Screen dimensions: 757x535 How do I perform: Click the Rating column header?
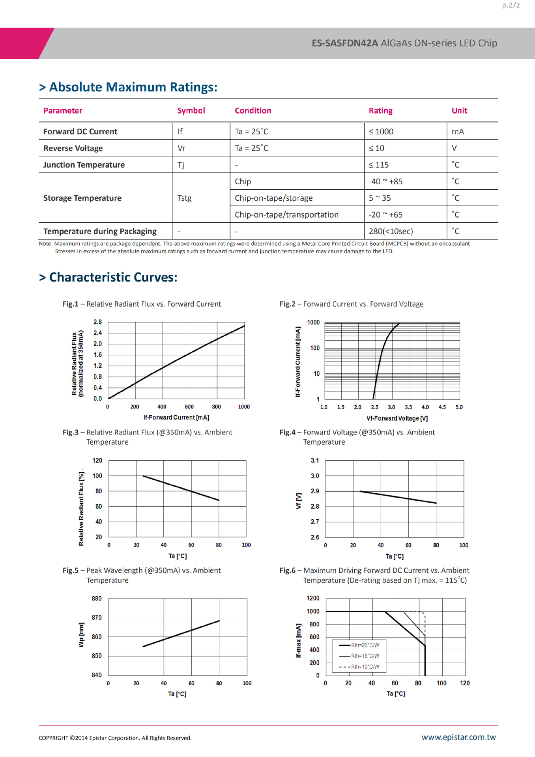coord(380,111)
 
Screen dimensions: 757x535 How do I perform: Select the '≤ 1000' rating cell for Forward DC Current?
coord(381,132)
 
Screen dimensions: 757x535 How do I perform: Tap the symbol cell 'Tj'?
coord(181,165)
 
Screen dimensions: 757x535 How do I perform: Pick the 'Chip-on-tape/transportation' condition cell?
coord(286,215)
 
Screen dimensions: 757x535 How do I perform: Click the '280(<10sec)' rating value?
coord(391,231)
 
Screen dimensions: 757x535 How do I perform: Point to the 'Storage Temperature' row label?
coord(82,198)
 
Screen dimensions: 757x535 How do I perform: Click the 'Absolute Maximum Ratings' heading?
coord(133,87)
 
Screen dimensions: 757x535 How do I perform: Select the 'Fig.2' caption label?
coord(287,304)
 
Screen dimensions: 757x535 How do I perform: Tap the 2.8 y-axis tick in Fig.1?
coord(98,322)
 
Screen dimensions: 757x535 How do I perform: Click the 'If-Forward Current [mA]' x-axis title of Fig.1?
coord(176,418)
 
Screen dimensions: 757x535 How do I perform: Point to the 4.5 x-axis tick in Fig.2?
coord(442,407)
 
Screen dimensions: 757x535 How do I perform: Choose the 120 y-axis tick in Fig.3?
coord(97,461)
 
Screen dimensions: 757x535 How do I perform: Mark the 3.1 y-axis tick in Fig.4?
coord(315,461)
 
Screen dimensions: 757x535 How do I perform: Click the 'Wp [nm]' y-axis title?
coord(81,635)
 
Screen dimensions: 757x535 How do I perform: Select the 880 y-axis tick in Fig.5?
coord(97,599)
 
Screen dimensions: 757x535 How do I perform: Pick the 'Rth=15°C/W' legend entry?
coord(365,656)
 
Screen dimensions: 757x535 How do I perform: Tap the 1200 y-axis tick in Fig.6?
coord(313,599)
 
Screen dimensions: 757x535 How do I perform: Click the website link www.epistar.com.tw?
coord(458,737)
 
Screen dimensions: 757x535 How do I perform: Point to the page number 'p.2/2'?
coord(511,6)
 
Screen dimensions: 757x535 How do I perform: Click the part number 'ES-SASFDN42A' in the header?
coord(345,43)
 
